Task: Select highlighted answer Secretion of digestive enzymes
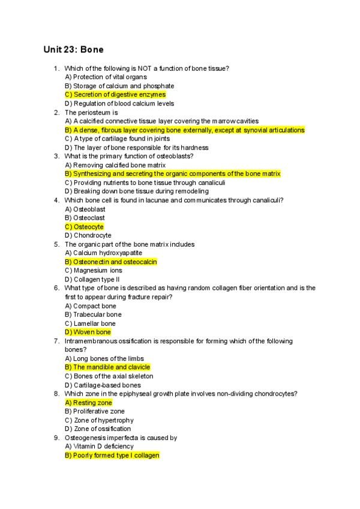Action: point(115,94)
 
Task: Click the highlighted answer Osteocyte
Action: point(84,227)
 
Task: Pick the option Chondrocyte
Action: point(88,235)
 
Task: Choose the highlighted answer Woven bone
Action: point(88,332)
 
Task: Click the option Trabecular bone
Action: point(93,315)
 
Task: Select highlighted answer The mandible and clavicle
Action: point(107,367)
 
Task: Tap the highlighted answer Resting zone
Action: point(88,403)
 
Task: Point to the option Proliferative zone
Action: point(95,411)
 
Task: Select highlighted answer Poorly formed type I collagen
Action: point(112,456)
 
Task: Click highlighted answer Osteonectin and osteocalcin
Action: point(111,262)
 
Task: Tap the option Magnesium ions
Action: point(93,270)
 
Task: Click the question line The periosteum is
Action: point(91,112)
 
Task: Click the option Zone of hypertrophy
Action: point(99,420)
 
